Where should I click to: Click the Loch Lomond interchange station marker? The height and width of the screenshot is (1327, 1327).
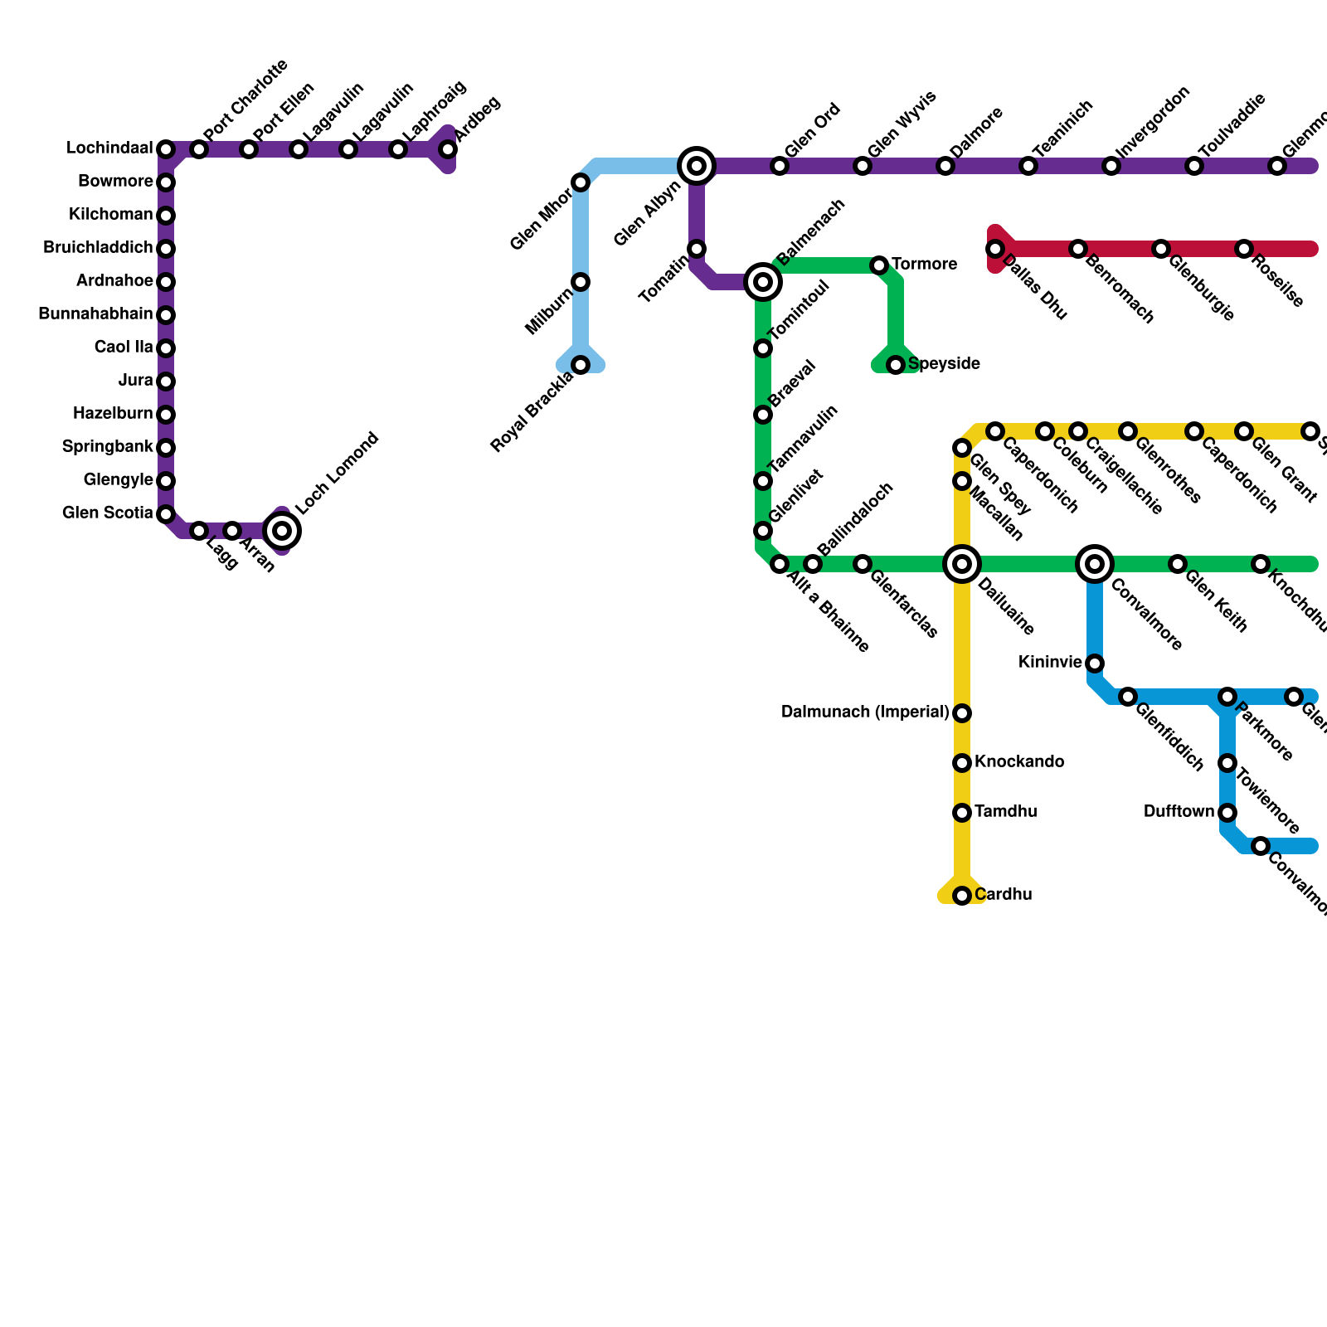point(282,531)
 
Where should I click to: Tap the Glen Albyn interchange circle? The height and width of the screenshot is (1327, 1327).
point(697,166)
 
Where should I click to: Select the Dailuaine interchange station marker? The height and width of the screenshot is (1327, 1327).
point(962,564)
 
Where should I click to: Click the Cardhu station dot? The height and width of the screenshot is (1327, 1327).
point(962,896)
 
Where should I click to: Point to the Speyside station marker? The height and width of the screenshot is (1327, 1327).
point(896,365)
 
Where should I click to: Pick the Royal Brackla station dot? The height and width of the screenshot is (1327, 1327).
point(581,365)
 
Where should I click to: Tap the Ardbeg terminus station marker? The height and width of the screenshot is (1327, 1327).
point(448,149)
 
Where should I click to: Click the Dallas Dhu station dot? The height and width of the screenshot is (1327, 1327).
point(995,249)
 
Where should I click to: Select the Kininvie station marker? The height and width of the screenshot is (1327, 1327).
point(1095,663)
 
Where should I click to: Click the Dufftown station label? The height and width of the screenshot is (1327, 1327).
point(1179,812)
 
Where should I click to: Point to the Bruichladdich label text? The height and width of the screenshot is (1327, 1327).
point(98,248)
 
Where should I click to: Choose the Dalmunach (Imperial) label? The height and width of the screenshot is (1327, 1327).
point(865,712)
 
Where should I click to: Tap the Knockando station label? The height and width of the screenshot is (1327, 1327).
point(1019,762)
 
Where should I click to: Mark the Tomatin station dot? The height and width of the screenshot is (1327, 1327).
point(697,249)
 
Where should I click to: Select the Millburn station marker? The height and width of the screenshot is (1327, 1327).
point(581,282)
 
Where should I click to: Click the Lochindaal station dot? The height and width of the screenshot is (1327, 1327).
point(166,149)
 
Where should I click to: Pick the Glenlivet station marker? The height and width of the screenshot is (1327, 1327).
point(763,531)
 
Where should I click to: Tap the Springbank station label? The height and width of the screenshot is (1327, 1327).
point(108,447)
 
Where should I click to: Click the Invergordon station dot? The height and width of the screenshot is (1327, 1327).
point(1111,166)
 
